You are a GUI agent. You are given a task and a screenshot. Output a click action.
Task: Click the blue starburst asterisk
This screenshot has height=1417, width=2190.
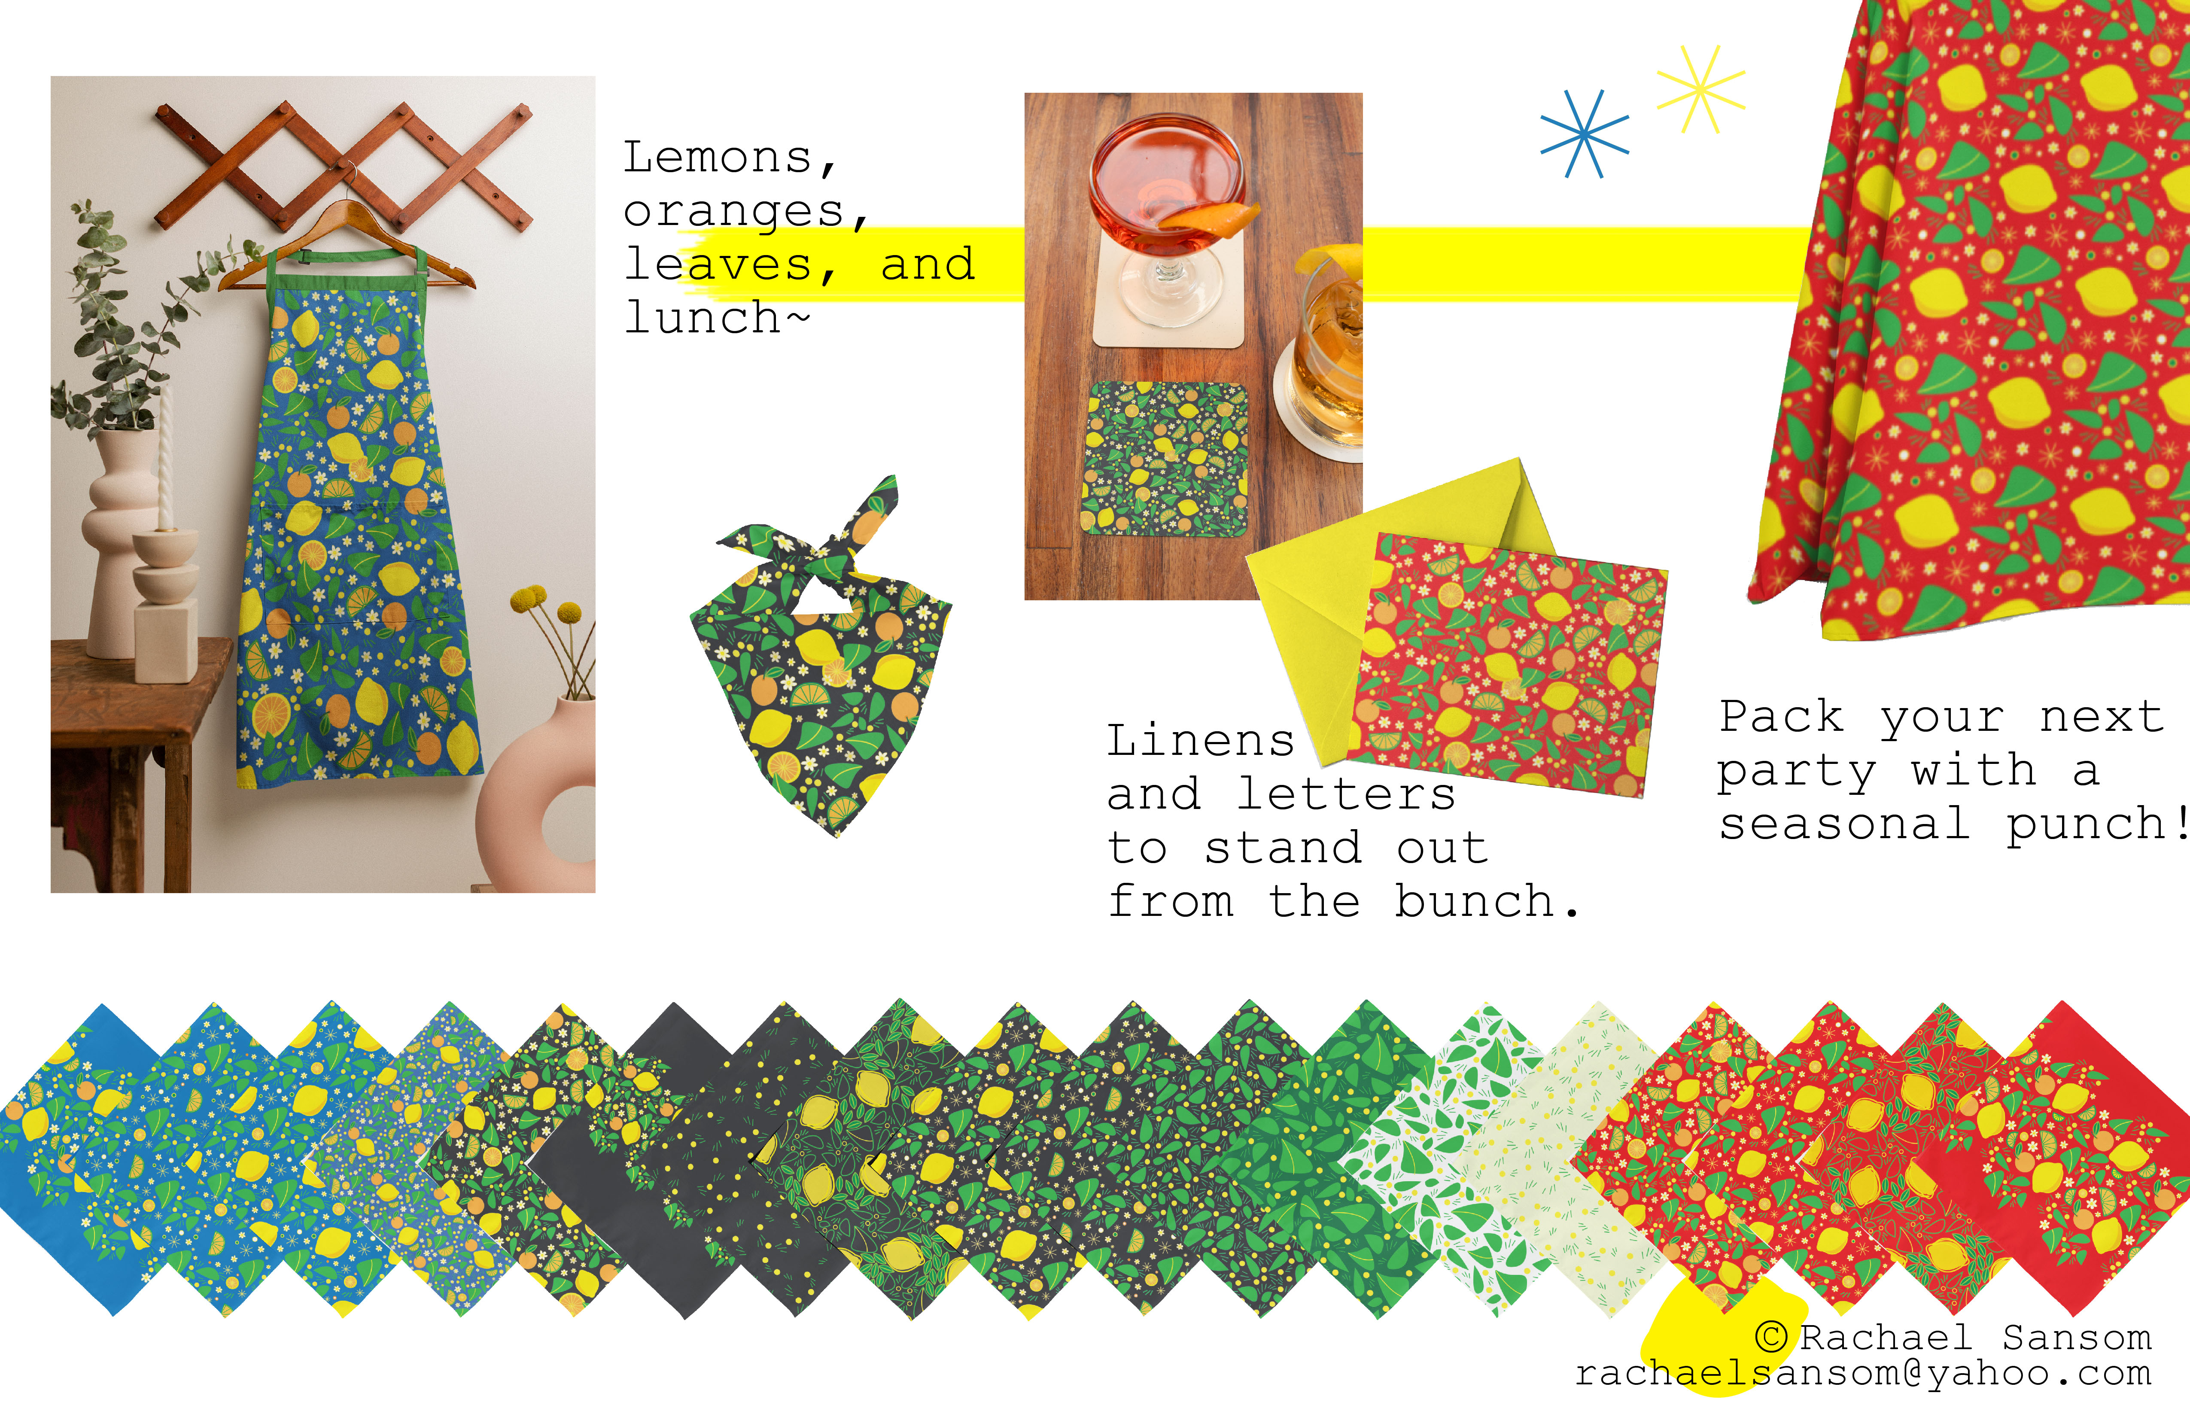pos(1584,134)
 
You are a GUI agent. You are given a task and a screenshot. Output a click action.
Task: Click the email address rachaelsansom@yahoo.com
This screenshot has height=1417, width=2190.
pos(1863,1374)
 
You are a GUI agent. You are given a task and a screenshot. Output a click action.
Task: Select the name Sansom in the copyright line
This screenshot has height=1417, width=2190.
pos(2077,1337)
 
